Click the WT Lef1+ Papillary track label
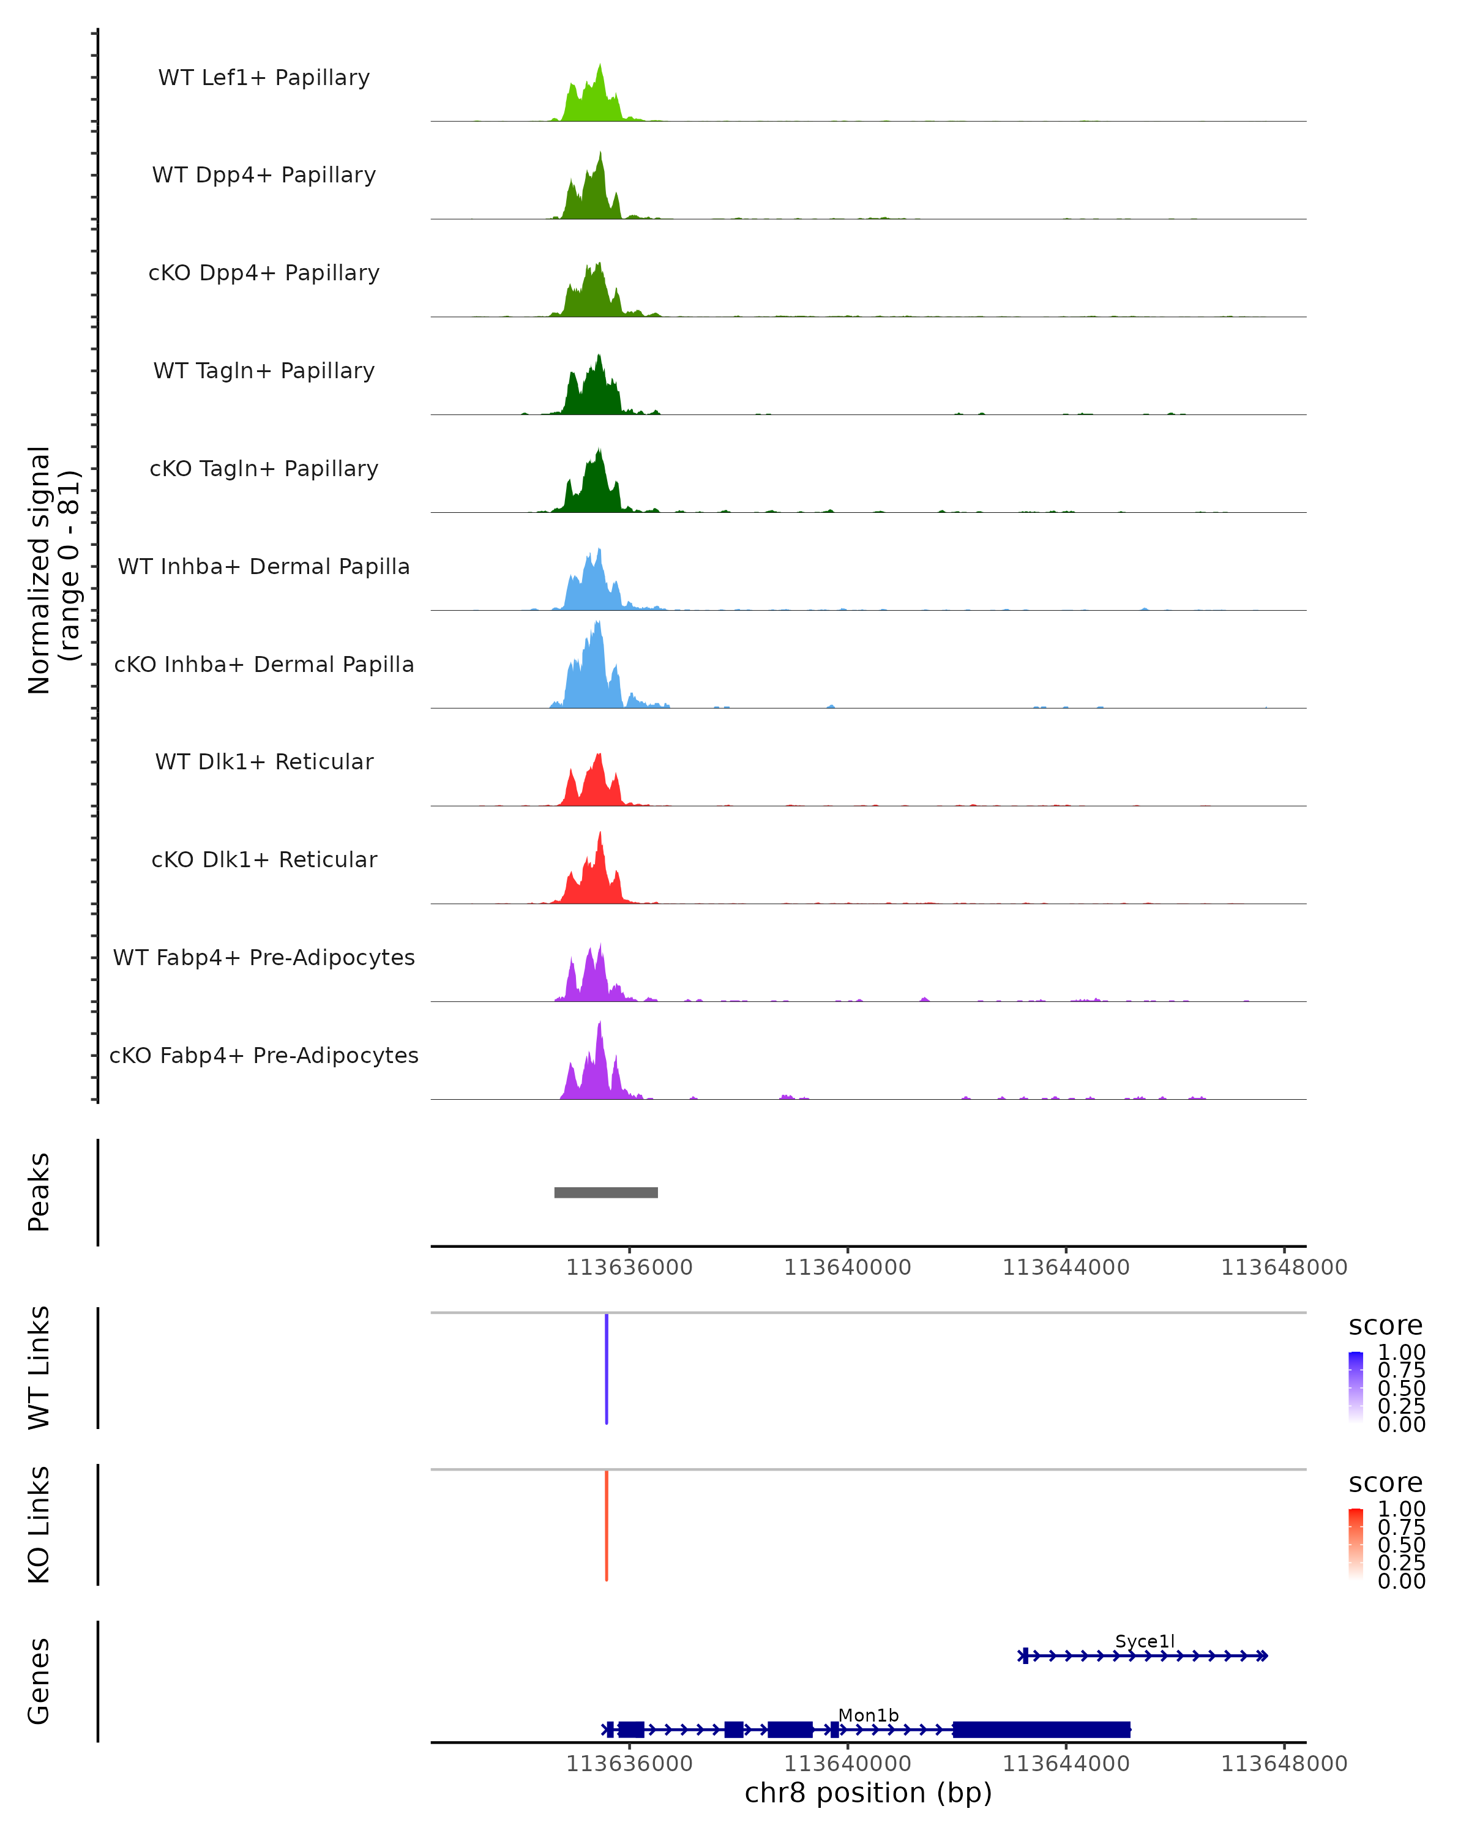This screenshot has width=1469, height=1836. coord(264,78)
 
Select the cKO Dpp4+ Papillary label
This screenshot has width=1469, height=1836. coord(264,274)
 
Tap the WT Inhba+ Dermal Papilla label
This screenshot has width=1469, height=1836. coord(264,567)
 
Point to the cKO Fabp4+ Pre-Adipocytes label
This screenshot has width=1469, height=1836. coord(264,1056)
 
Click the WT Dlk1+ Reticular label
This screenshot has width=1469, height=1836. coord(264,762)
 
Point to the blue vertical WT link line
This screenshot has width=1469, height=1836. coord(607,1368)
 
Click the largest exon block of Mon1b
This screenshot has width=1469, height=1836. coord(1041,1730)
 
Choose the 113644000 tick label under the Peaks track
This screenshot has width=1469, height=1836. coord(1066,1268)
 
